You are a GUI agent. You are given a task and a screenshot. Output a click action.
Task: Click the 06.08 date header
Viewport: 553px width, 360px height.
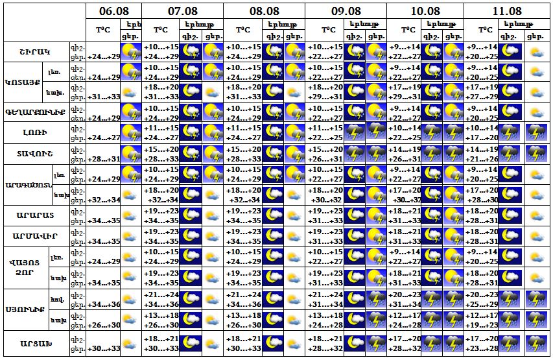(113, 11)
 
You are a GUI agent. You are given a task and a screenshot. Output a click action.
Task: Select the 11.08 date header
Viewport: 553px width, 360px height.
(506, 11)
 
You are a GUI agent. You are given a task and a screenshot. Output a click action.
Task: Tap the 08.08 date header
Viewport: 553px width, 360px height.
(264, 11)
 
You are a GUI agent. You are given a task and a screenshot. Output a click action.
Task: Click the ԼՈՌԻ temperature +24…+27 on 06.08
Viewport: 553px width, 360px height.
(104, 138)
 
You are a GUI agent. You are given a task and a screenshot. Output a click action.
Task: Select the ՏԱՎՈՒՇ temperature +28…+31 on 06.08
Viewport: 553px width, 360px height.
(104, 159)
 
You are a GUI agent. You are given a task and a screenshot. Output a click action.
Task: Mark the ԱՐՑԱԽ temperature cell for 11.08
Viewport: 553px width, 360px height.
(482, 343)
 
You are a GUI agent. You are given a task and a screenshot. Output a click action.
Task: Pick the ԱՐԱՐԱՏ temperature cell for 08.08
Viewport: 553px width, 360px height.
(242, 216)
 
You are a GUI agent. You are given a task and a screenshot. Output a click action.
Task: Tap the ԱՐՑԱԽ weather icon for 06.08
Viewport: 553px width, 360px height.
(132, 343)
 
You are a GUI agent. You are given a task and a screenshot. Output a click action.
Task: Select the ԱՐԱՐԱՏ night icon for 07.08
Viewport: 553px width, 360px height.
(191, 216)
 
